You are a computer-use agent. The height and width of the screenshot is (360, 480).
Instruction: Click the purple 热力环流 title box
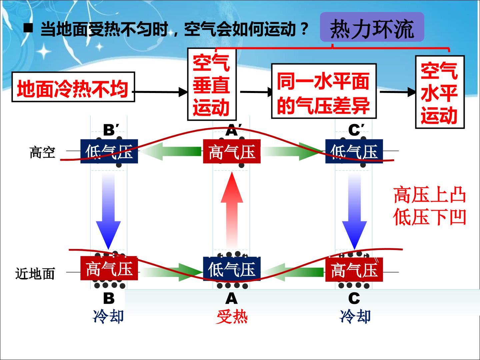coord(372,27)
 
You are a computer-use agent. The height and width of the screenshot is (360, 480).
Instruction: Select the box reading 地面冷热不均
coord(73,87)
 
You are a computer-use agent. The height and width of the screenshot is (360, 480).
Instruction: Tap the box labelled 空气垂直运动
coord(212,84)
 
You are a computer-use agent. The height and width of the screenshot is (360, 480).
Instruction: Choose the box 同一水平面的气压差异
coord(324,91)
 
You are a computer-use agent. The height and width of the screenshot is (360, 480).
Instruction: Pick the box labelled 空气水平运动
coord(440,92)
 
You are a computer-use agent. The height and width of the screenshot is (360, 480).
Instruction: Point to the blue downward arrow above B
coord(108,211)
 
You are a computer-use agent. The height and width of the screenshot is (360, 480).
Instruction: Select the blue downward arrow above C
coord(354,211)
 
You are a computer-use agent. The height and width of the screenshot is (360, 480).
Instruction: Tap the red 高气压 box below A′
coord(232,151)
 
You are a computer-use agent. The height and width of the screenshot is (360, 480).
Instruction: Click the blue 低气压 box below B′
coord(109,151)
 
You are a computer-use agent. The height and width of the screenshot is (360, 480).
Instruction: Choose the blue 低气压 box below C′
coord(354,151)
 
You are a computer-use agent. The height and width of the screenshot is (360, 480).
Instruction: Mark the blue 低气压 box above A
coord(232,269)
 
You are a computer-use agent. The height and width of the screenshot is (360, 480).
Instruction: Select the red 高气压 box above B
coord(109,268)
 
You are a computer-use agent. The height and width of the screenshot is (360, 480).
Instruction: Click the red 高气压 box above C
coord(354,270)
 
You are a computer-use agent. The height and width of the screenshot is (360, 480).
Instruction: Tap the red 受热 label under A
coord(232,317)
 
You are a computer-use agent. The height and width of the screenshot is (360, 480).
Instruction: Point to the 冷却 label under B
coord(108,316)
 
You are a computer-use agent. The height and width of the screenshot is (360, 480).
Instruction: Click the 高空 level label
coord(42,153)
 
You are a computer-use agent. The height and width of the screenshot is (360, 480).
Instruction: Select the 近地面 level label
coord(35,274)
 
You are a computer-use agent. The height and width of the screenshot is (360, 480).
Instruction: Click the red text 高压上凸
coord(430,195)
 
